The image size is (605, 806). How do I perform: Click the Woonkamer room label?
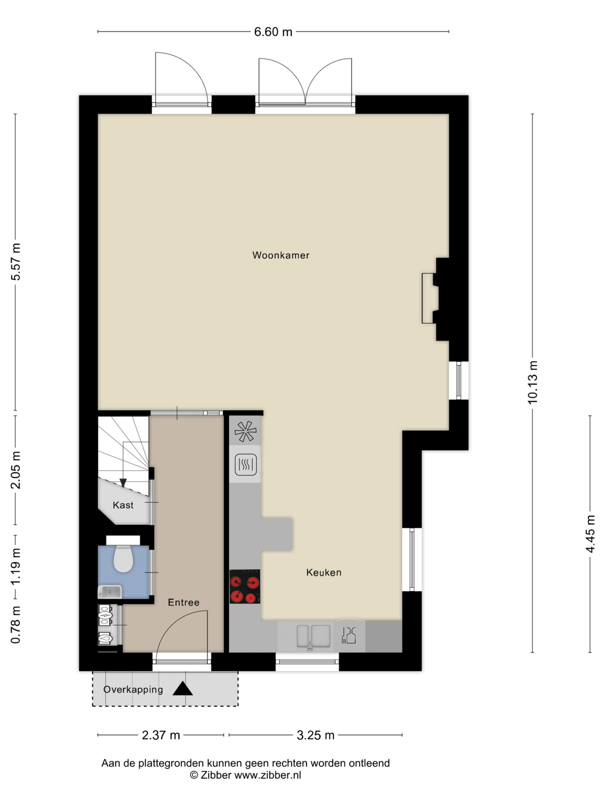point(281,255)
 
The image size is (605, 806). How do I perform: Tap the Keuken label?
point(324,572)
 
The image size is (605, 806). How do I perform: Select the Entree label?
point(184,602)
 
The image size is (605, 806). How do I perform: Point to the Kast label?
point(123,505)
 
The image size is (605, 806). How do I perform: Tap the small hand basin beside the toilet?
point(109,592)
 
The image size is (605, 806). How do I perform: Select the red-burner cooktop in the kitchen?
point(245,586)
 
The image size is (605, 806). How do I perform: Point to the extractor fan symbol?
point(245,431)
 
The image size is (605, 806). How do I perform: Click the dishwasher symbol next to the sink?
point(349,635)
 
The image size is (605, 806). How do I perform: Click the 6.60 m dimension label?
point(273,32)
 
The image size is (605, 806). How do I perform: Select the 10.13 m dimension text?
point(533,382)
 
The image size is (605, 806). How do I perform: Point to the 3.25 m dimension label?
point(315,735)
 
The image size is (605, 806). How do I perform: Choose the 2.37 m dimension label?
point(161,735)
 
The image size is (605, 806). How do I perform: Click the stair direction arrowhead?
point(123,483)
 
